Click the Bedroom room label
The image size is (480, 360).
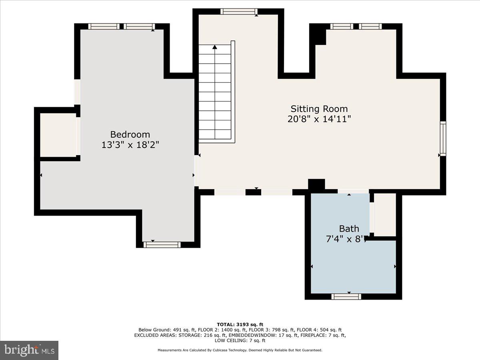(130, 134)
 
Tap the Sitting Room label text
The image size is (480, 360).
(319, 109)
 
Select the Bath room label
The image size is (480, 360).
(349, 229)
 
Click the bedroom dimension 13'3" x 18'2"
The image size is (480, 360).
(130, 145)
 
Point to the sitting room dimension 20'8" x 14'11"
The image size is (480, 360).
(319, 119)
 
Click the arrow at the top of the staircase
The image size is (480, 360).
(215, 47)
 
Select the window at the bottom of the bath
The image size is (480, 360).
(346, 296)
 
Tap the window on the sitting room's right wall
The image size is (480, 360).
(443, 138)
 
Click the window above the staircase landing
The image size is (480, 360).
(239, 12)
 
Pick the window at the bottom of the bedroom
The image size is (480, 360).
(162, 244)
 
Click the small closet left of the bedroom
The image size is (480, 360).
(58, 135)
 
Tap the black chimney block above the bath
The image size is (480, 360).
(316, 185)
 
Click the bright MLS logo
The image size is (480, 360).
(29, 350)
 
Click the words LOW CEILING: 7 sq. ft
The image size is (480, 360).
(240, 340)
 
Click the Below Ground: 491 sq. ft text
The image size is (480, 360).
(164, 330)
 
